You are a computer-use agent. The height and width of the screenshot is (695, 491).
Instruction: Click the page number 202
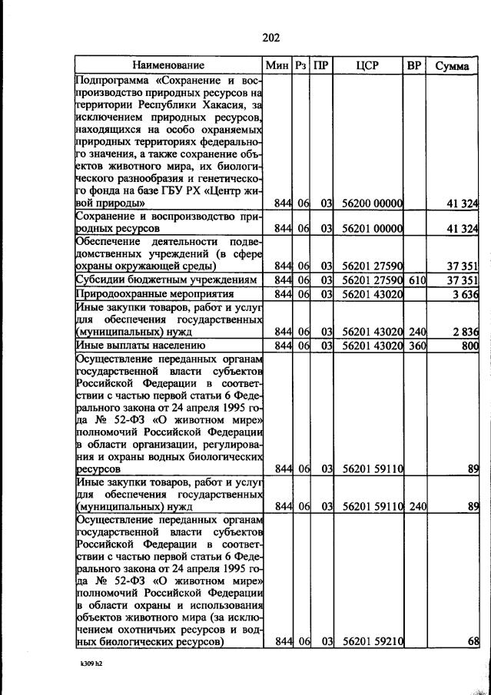(x=270, y=38)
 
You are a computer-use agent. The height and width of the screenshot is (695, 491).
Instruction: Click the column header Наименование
(x=168, y=65)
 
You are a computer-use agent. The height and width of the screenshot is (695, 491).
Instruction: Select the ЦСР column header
(x=368, y=65)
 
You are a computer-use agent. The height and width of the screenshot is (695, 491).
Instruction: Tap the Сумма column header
(x=452, y=65)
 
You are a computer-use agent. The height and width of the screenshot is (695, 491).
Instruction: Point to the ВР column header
(x=414, y=65)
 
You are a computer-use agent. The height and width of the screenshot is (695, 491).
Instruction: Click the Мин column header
(x=276, y=65)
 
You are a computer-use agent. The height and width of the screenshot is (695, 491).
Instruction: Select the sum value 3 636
(x=465, y=294)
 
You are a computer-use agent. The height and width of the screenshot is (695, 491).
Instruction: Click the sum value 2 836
(x=465, y=332)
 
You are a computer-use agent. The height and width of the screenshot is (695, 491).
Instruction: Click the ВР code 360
(x=416, y=346)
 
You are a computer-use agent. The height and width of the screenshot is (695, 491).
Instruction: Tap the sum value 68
(x=472, y=642)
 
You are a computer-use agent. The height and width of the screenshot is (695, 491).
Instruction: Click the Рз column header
(x=301, y=65)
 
